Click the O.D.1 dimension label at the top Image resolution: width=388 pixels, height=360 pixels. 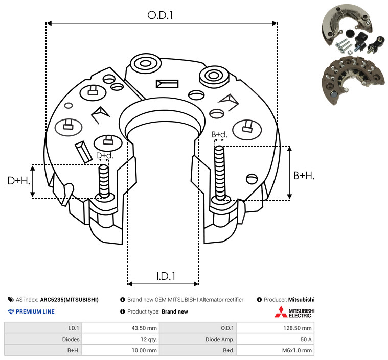[160, 15]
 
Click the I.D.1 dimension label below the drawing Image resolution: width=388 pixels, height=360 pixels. [166, 276]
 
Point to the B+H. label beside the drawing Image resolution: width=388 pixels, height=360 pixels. [304, 176]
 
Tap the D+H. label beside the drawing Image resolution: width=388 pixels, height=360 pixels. [18, 181]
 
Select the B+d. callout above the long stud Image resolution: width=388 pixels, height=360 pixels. [219, 134]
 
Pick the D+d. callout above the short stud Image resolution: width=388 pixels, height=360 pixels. [105, 156]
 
